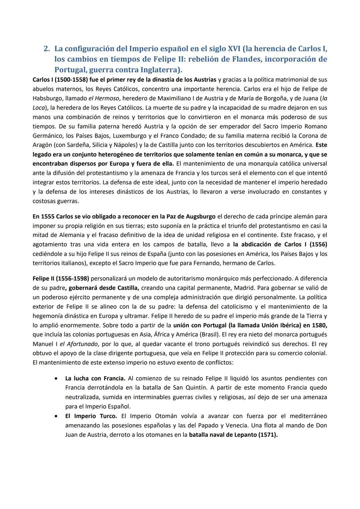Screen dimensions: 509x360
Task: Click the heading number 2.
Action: pyautogui.click(x=46, y=49)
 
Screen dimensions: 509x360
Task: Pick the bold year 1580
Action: pyautogui.click(x=318, y=325)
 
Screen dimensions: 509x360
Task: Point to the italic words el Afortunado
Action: pyautogui.click(x=79, y=344)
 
